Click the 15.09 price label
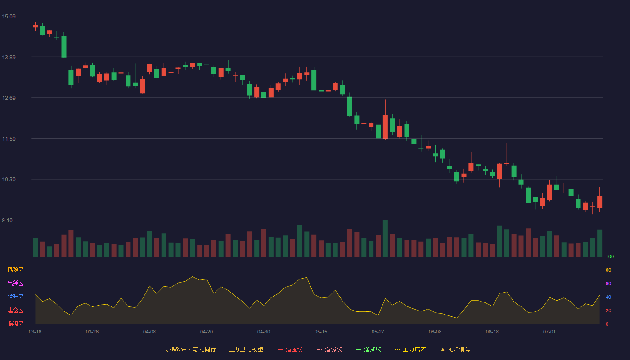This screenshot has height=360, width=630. coord(9,17)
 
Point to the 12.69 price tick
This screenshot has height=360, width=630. coord(9,98)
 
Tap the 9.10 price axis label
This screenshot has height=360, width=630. coord(7,220)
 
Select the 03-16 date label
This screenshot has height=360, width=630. coord(35,332)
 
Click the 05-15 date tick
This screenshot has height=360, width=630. coord(321,332)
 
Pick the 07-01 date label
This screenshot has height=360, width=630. coord(549,332)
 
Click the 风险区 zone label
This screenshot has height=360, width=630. coord(15,270)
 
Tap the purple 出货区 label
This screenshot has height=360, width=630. coord(15,283)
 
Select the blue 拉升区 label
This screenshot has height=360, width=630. coord(15,297)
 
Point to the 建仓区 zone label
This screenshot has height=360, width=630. coord(15,310)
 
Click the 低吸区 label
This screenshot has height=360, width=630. coord(15,324)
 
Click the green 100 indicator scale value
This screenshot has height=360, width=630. coord(610,256)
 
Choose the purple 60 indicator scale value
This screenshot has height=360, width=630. coord(608,283)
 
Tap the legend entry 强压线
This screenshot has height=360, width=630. coord(290,349)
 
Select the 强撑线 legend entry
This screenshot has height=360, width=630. coord(369,349)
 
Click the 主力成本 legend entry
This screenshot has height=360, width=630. coord(410,349)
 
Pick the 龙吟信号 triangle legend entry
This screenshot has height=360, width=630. coord(455,349)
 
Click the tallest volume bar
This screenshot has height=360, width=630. coord(385,238)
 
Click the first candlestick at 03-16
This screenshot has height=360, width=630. coord(35,26)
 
